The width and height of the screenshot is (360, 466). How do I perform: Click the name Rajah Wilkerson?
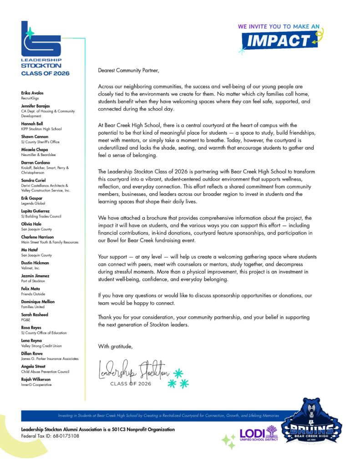pos(36,379)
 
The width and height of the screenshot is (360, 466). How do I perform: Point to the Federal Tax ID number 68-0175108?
pos(64,436)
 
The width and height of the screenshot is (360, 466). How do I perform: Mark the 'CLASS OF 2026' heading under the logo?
pos(46,73)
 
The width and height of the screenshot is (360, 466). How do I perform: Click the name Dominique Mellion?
pos(38,302)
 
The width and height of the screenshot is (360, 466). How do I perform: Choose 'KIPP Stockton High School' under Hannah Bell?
pos(41,129)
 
